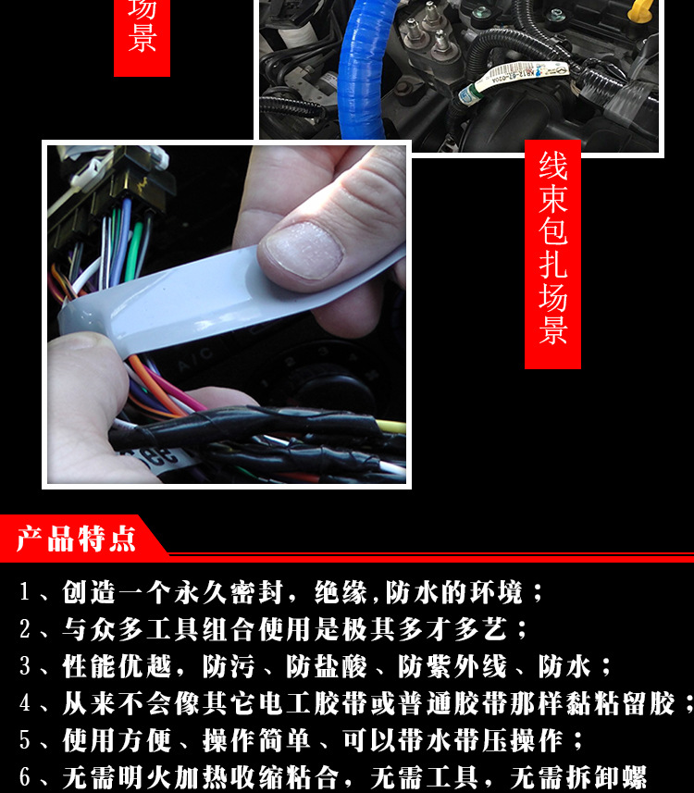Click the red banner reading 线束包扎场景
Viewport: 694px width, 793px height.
tap(552, 254)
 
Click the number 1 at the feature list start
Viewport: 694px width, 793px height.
tap(26, 593)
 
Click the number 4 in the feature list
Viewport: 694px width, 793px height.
tap(26, 704)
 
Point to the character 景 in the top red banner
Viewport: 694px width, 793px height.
tap(142, 39)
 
